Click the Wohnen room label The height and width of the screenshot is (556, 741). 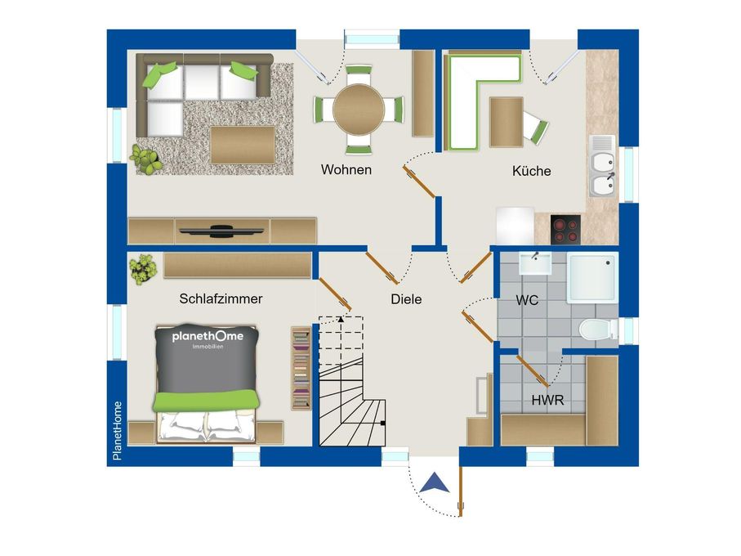click(x=346, y=170)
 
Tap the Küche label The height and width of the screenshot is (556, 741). click(x=532, y=171)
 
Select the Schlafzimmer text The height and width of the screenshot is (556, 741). click(x=221, y=298)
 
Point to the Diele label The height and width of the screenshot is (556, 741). click(x=406, y=299)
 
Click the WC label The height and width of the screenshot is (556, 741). click(x=527, y=300)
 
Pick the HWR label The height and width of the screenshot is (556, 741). click(x=547, y=401)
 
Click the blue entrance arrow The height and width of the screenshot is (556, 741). click(x=435, y=482)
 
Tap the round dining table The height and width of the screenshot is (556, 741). click(x=359, y=110)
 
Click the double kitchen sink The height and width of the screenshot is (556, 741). click(x=602, y=166)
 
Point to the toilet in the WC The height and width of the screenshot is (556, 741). click(x=598, y=330)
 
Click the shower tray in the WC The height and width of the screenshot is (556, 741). click(x=592, y=277)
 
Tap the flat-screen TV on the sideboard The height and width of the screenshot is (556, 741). click(x=221, y=231)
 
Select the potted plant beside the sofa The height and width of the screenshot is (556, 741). click(x=146, y=159)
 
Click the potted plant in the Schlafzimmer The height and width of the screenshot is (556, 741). click(x=143, y=269)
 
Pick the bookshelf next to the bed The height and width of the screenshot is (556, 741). click(x=301, y=368)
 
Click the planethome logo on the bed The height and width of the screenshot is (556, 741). click(x=208, y=339)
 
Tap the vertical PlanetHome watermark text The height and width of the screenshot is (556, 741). click(x=117, y=431)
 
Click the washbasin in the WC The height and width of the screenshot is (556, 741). click(x=535, y=263)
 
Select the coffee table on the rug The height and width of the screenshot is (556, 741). click(x=243, y=145)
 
